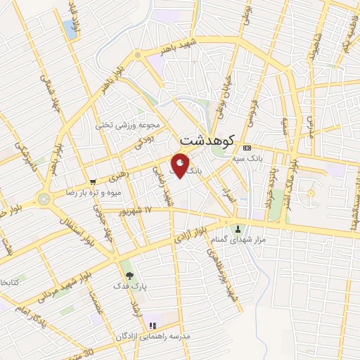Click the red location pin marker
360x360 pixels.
[x=181, y=165]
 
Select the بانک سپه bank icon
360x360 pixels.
[x=246, y=148]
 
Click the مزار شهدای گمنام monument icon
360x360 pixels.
[x=238, y=229]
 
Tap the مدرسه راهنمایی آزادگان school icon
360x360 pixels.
[x=153, y=326]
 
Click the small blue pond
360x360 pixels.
[x=70, y=29]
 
